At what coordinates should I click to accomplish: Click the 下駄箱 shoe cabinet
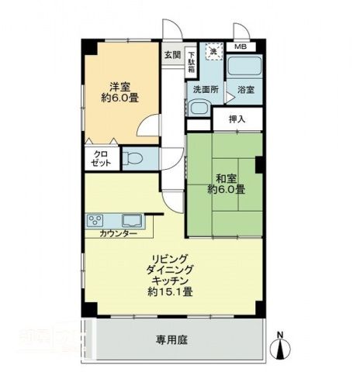tap(190, 60)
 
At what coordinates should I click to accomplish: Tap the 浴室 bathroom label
tap(247, 90)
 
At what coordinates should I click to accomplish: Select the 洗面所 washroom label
tap(206, 90)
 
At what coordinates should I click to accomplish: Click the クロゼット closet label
tap(102, 160)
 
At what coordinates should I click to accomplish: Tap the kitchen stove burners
tap(97, 219)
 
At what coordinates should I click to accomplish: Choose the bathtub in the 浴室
tap(245, 67)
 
